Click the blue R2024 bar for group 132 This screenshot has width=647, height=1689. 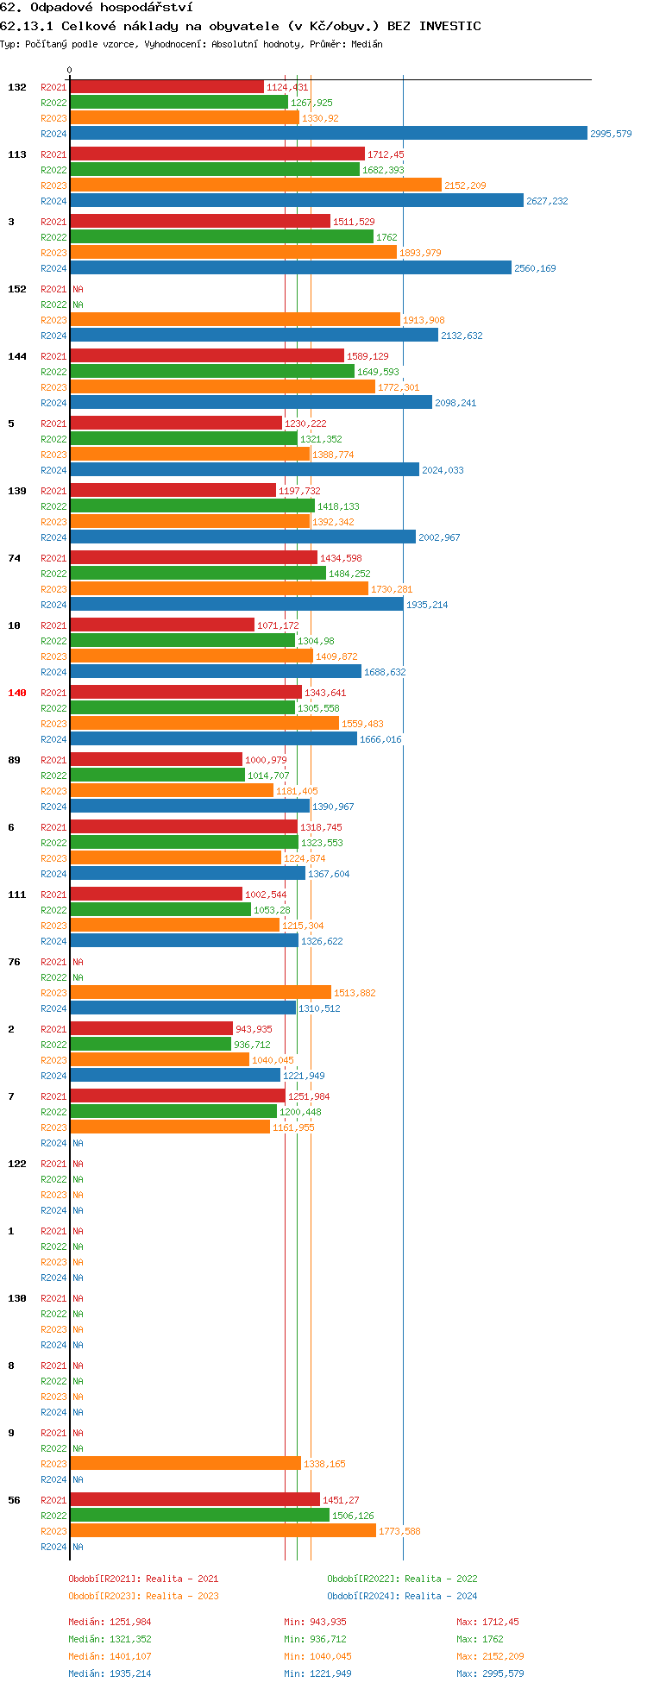click(328, 133)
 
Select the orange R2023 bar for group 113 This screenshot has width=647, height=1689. click(255, 185)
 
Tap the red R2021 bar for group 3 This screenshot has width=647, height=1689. click(199, 221)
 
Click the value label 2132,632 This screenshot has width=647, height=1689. click(462, 336)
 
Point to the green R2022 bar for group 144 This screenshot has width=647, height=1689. click(211, 371)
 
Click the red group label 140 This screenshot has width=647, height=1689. click(17, 693)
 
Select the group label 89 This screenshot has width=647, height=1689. click(15, 760)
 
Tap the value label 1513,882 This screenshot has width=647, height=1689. click(355, 993)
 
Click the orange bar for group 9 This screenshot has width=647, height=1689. click(185, 1463)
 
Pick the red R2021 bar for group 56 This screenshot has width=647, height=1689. click(194, 1499)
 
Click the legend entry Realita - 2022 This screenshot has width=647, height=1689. click(402, 1579)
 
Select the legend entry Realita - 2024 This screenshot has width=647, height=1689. click(402, 1596)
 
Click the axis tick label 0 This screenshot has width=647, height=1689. click(70, 71)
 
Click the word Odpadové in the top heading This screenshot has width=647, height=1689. click(62, 7)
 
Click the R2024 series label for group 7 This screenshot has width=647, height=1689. click(53, 1143)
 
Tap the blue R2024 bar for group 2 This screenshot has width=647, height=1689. click(175, 1075)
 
